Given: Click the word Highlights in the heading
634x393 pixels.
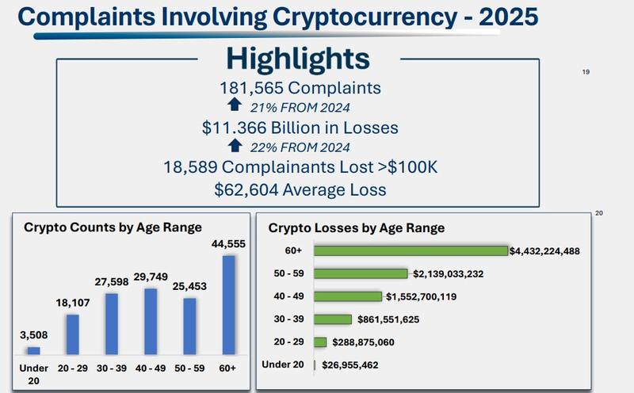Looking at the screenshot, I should pos(297,58).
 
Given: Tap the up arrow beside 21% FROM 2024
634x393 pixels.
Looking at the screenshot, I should pos(235,106).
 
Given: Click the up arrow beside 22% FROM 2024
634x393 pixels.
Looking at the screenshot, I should pos(235,146).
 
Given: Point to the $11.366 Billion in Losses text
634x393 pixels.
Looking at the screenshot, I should pos(300,127).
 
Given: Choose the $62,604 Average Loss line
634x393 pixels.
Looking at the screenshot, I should pos(300,189).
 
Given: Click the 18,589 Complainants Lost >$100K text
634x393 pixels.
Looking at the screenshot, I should pos(300,167).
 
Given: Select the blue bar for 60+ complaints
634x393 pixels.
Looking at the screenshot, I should pos(229,305).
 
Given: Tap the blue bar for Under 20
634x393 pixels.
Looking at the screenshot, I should pos(33,349).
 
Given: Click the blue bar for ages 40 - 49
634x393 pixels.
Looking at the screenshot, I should pos(151,322).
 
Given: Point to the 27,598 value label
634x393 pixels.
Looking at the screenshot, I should pos(111,282).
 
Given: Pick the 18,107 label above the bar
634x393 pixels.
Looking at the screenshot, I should pos(72,303).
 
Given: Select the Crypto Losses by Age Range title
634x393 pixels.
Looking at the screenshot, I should pos(357,228).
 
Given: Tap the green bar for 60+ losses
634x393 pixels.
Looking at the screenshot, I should pos(411,250).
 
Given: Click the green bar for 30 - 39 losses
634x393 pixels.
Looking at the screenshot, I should pos(333,319).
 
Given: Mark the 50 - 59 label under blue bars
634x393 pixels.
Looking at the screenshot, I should pos(189,368).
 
